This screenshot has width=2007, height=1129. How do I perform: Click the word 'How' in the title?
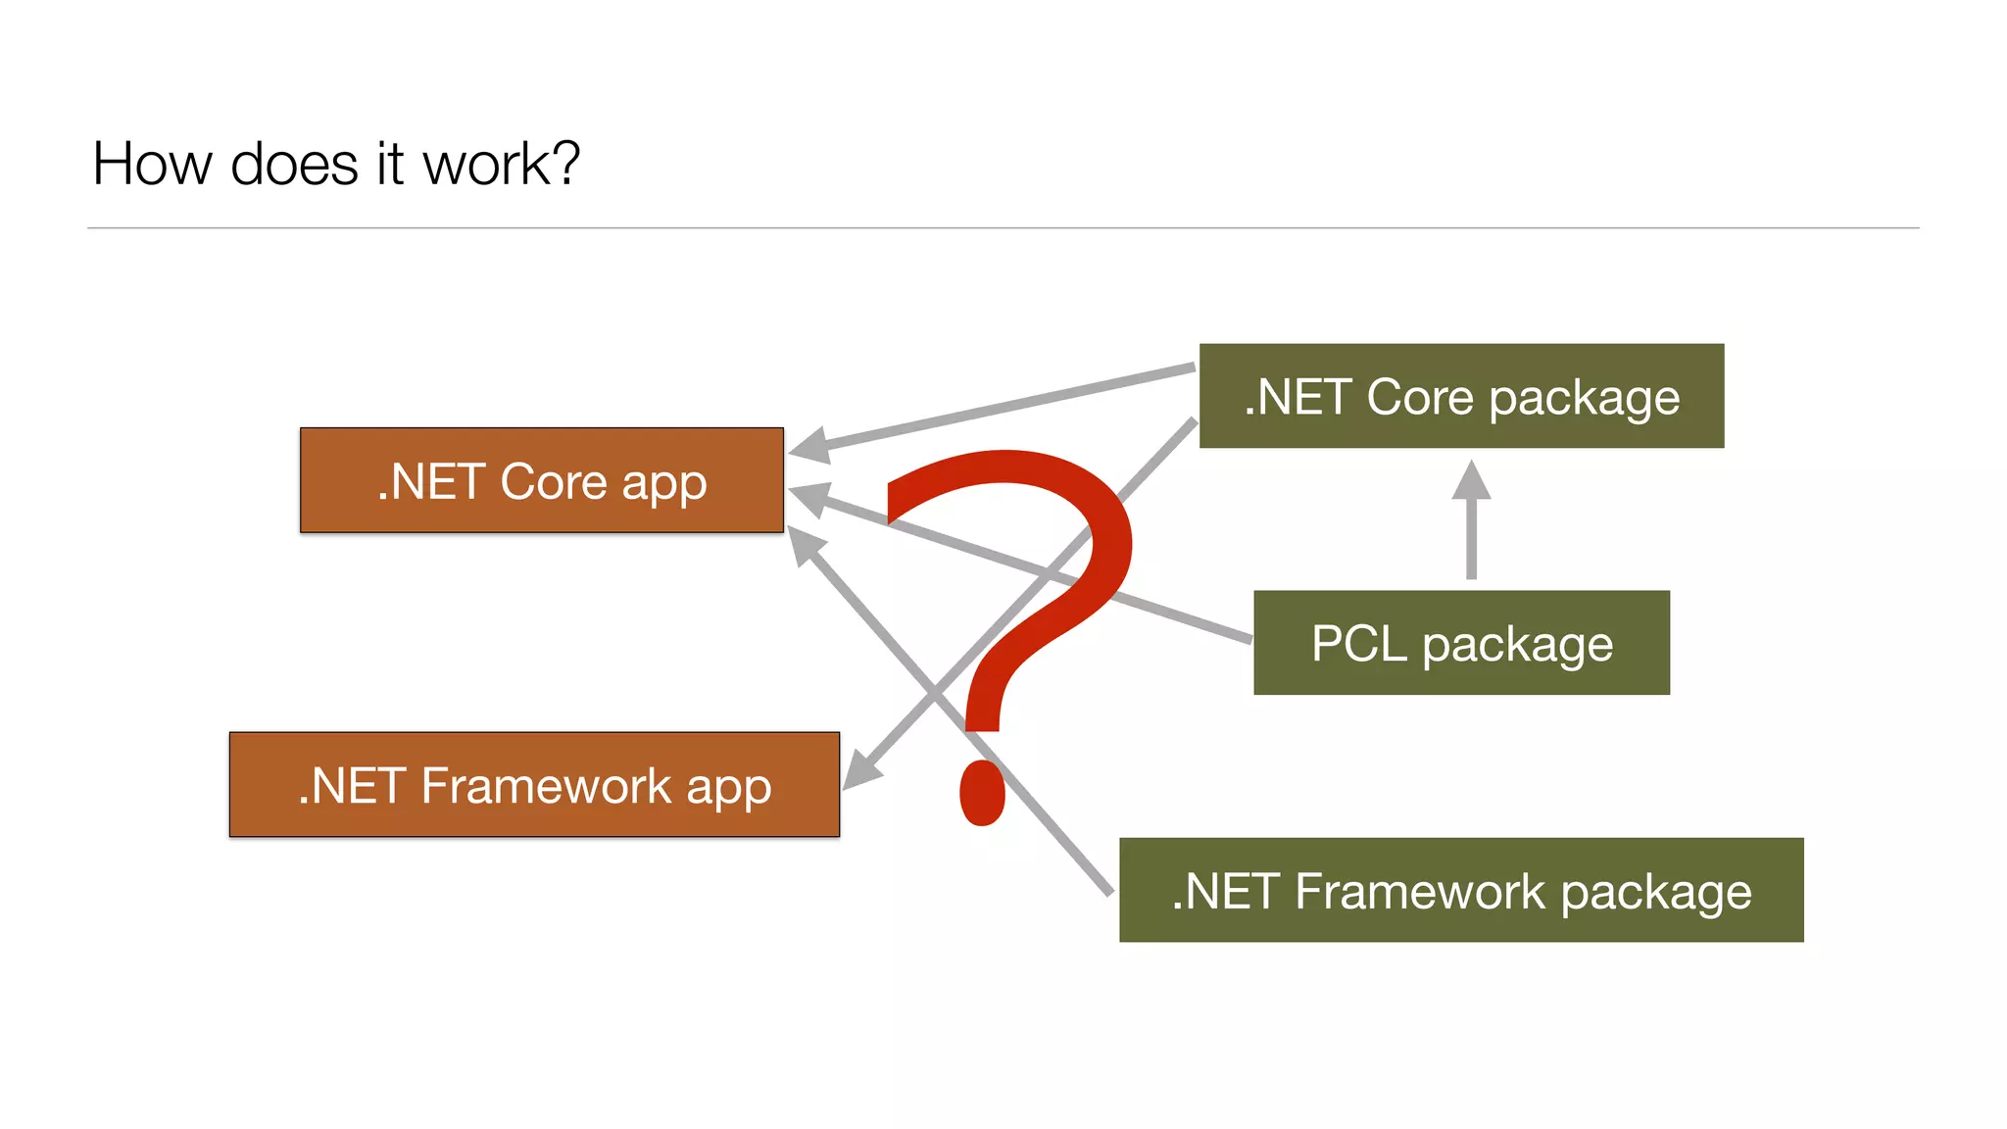coord(151,164)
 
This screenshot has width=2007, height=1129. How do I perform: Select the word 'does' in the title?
coord(293,164)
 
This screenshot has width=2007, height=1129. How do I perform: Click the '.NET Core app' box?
coord(541,480)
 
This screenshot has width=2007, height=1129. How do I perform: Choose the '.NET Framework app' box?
coord(534,784)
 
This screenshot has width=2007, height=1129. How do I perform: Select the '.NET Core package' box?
coord(1461,396)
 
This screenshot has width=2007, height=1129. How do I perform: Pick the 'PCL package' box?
coord(1461,643)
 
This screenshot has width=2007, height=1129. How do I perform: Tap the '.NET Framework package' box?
coord(1461,890)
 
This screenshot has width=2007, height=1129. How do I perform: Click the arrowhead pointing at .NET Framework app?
coord(861,769)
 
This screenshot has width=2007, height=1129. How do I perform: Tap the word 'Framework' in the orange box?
coord(546,786)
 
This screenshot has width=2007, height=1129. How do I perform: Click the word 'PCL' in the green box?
coord(1358,644)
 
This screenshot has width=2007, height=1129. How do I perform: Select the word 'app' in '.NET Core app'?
coord(663,483)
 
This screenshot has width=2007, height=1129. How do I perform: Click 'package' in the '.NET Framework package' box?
coord(1655,893)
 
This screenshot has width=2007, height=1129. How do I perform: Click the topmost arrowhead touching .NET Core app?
coord(809,446)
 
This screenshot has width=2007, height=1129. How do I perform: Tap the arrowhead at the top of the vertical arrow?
coord(1471,480)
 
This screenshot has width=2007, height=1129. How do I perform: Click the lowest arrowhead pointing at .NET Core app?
coord(806,544)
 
